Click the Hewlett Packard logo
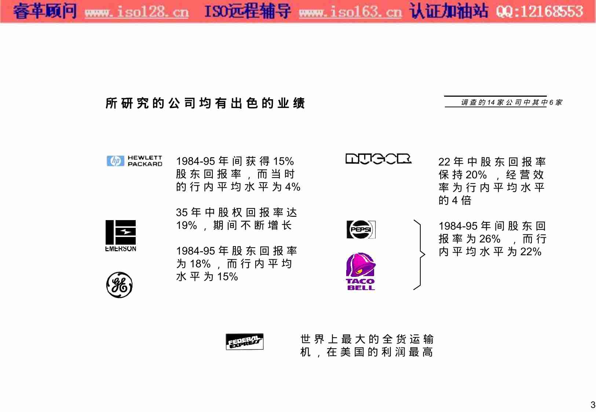pyautogui.click(x=134, y=161)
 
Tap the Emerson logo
pyautogui.click(x=121, y=235)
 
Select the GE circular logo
pyautogui.click(x=119, y=285)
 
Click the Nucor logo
pyautogui.click(x=379, y=159)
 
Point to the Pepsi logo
pyautogui.click(x=361, y=230)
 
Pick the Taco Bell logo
pyautogui.click(x=361, y=271)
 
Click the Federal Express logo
pyautogui.click(x=244, y=342)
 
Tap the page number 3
pyautogui.click(x=593, y=405)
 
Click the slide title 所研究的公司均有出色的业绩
pyautogui.click(x=205, y=103)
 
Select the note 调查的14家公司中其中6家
pyautogui.click(x=511, y=103)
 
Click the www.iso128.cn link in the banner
pyautogui.click(x=136, y=12)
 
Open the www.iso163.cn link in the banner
pyautogui.click(x=350, y=12)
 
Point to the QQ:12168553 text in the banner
pyautogui.click(x=539, y=12)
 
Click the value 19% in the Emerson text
pyautogui.click(x=186, y=225)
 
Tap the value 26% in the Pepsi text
pyautogui.click(x=490, y=239)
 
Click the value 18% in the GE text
pyautogui.click(x=200, y=264)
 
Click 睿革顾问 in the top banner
pyautogui.click(x=45, y=11)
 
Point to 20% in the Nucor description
pyautogui.click(x=476, y=175)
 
